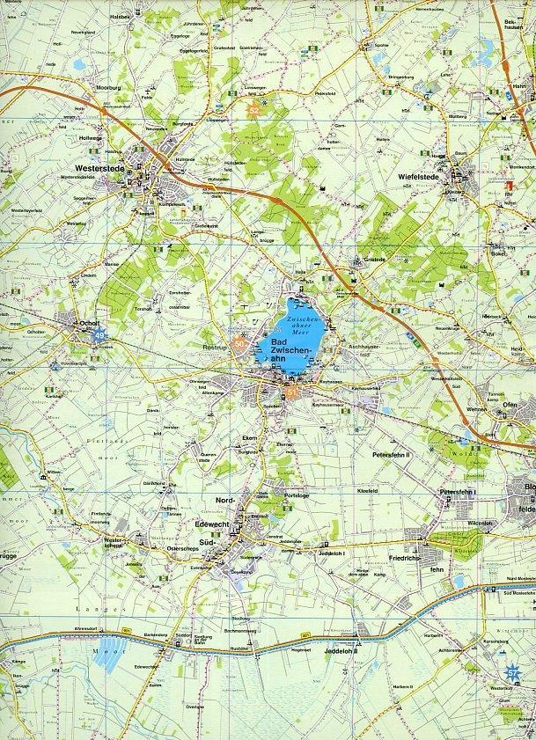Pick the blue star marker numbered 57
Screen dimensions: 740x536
(x=512, y=673)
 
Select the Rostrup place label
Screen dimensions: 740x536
(x=214, y=347)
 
